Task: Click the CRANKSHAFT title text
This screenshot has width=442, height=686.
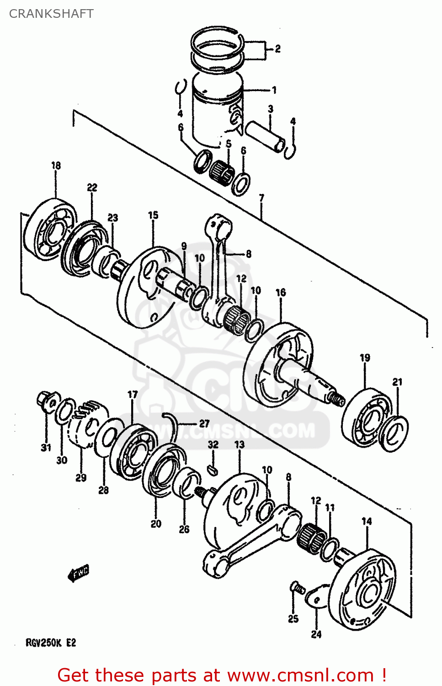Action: (x=51, y=14)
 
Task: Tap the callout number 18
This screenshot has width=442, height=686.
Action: (x=56, y=166)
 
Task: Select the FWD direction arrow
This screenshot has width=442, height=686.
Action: (x=79, y=573)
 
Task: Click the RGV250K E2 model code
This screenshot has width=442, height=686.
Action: (x=51, y=643)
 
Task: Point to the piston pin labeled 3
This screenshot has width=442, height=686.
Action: (x=266, y=136)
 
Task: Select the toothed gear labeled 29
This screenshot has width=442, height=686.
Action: (x=87, y=423)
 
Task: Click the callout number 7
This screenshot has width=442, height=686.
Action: (x=261, y=198)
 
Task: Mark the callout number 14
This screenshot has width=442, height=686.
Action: (x=367, y=521)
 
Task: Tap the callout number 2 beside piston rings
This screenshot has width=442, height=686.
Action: (x=277, y=48)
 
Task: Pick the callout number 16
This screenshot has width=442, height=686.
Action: (x=281, y=292)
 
